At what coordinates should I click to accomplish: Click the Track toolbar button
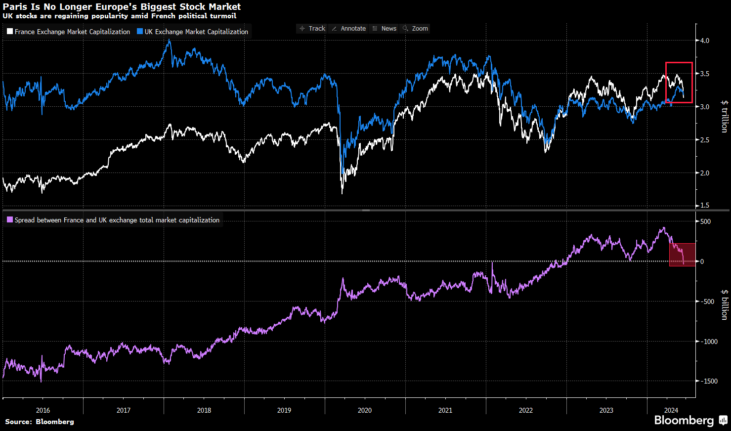click(312, 29)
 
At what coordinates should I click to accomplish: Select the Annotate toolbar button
click(349, 29)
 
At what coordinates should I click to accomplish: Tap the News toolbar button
click(385, 29)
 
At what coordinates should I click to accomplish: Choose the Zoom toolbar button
click(416, 29)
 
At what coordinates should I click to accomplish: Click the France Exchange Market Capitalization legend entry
click(69, 32)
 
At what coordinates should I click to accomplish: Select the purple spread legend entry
click(113, 220)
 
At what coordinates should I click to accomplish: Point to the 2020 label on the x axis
click(365, 410)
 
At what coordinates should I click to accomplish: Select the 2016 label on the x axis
click(43, 410)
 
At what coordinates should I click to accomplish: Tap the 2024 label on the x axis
click(671, 410)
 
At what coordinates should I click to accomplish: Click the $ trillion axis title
click(724, 116)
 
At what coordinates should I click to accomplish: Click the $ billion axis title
click(724, 304)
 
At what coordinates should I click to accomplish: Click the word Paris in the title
click(15, 7)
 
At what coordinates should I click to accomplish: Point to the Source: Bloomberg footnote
click(40, 422)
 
